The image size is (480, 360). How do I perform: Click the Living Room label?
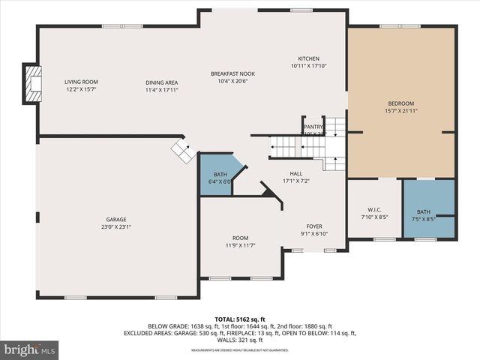pos(81,82)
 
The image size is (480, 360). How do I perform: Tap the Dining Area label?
pos(161,82)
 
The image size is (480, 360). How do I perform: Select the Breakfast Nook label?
pos(232,73)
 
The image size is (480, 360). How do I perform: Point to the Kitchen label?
pos(308,58)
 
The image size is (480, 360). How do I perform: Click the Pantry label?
pos(313,127)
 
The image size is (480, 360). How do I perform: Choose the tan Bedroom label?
pos(400,103)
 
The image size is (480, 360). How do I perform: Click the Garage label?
pos(115,220)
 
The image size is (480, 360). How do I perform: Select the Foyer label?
pos(313,226)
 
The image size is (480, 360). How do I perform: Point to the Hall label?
pos(295,173)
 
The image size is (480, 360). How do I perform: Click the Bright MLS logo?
pos(30,349)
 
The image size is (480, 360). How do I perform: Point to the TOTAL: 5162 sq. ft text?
pos(239,318)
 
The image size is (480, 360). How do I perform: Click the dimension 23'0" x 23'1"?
pos(115,227)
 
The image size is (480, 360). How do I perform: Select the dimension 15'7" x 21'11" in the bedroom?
pos(400,111)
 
